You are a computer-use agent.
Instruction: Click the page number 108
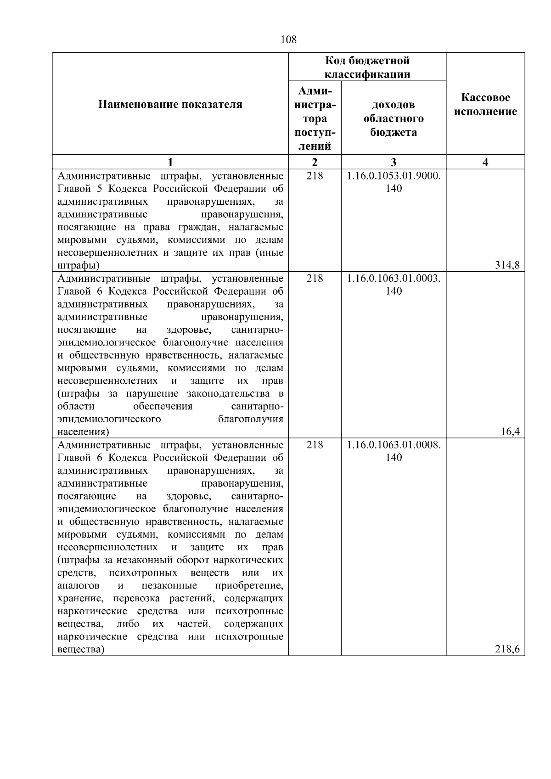coord(288,40)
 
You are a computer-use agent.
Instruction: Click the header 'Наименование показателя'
coord(170,105)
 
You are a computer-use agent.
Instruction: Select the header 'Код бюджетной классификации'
coord(367,67)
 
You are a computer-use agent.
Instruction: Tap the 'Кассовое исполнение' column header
coord(485,105)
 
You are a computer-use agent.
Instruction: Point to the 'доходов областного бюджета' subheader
coord(394,118)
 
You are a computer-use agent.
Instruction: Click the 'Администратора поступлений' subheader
coord(315,118)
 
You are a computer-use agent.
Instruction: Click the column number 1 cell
coord(170,162)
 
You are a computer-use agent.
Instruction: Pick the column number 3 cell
coord(394,162)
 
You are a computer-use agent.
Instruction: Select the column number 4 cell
coord(485,162)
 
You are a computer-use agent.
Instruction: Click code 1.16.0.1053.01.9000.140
coord(394,182)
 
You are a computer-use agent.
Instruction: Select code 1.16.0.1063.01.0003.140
coord(394,285)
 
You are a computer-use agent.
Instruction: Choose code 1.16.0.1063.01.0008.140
coord(394,451)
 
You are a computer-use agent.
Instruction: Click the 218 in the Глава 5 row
coord(315,176)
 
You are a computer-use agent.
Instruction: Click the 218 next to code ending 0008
coord(315,445)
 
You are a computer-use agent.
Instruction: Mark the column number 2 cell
coord(315,162)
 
